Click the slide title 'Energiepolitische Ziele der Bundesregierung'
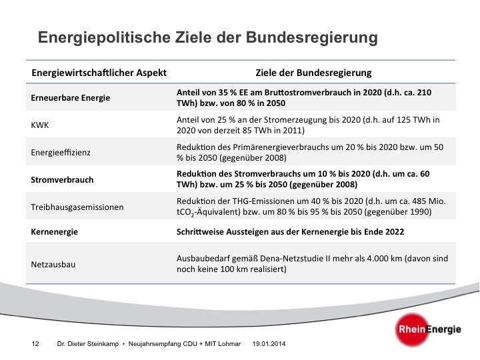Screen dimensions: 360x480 207,37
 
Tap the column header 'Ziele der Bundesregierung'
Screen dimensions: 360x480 313,72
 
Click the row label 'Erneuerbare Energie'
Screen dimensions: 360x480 70,98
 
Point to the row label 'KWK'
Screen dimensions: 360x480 41,125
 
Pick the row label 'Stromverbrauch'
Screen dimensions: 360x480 62,179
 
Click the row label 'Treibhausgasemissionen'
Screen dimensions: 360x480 77,207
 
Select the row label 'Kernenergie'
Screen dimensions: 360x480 55,231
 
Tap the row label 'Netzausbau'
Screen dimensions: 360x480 53,264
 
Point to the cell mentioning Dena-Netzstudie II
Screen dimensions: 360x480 311,264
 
